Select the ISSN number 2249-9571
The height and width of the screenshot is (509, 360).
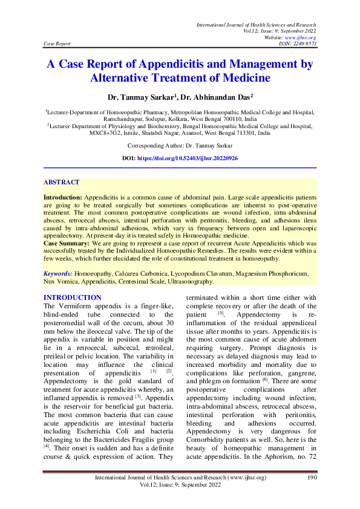pos(303,44)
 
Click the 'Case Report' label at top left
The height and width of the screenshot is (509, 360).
pos(57,44)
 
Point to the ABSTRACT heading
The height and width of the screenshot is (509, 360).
pos(61,182)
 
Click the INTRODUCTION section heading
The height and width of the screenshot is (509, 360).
pos(73,297)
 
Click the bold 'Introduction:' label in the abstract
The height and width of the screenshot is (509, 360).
pos(62,198)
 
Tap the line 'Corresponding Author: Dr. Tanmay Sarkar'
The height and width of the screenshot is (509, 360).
pos(180,146)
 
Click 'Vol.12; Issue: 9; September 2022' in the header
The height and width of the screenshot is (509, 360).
pos(280,31)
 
